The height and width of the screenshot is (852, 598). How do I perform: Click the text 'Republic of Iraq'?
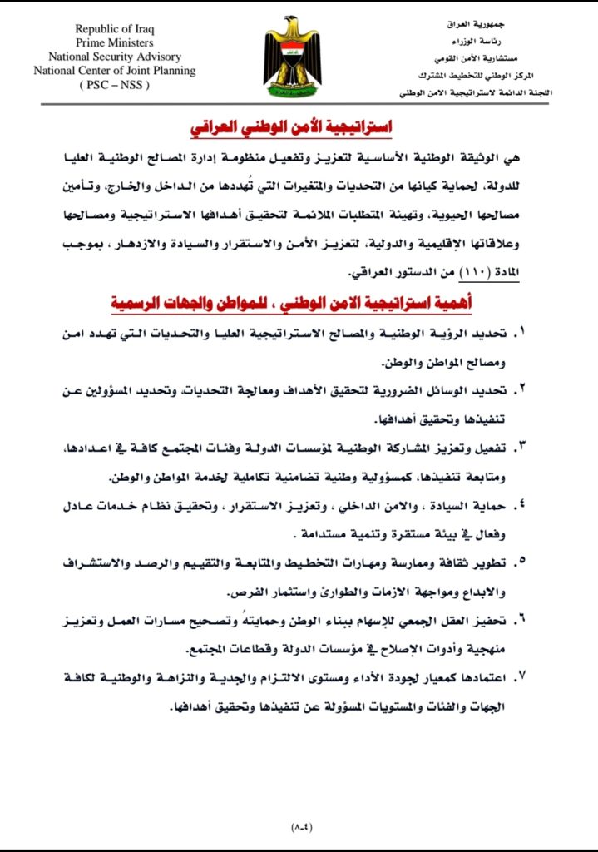pyautogui.click(x=115, y=29)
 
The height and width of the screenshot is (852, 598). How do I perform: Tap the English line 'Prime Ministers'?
pyautogui.click(x=115, y=43)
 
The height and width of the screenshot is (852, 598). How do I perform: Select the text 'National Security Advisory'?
pyautogui.click(x=115, y=57)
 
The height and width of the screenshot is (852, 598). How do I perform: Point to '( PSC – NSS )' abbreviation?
pyautogui.click(x=115, y=85)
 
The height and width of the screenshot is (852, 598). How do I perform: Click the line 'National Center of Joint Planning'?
pyautogui.click(x=115, y=71)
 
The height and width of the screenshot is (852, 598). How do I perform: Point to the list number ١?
pyautogui.click(x=521, y=333)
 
